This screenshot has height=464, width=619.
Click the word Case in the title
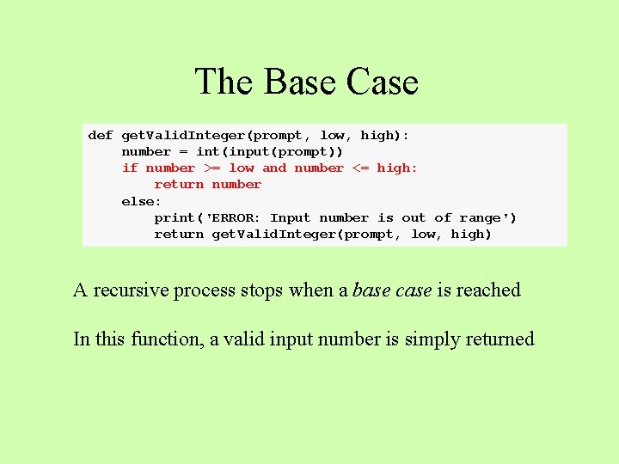click(383, 82)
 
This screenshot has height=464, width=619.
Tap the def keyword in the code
click(101, 135)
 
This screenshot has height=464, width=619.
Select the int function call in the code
click(208, 151)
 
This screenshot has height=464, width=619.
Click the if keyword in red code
click(130, 168)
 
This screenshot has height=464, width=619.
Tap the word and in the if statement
click(274, 168)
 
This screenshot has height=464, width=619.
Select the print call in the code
click(175, 218)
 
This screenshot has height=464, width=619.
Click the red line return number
click(207, 185)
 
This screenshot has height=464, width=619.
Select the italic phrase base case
click(392, 290)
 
